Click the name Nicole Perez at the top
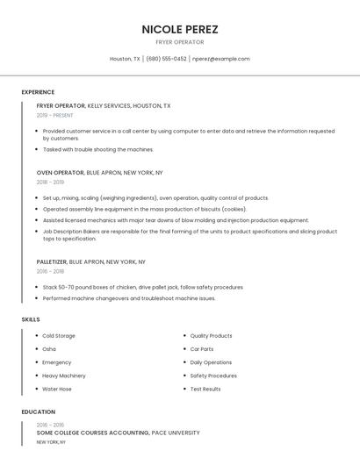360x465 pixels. tap(180, 29)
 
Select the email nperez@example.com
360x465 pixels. tap(221, 59)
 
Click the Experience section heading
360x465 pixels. tap(38, 92)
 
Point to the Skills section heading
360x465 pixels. tap(31, 319)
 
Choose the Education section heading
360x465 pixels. tap(38, 411)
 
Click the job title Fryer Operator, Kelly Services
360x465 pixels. tap(104, 106)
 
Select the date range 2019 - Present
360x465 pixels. tap(55, 116)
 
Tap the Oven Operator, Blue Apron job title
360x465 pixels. tap(99, 173)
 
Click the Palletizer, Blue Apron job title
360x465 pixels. tap(91, 262)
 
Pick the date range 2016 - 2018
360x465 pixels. tap(50, 272)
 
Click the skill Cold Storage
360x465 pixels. tap(59, 336)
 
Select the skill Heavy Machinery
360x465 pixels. tap(64, 376)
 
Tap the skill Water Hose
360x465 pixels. tap(57, 389)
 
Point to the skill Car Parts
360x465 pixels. tap(203, 349)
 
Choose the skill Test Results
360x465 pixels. tap(205, 389)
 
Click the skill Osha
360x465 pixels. tap(49, 349)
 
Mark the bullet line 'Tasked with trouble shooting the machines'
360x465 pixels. tap(98, 150)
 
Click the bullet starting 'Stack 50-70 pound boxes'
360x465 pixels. tap(143, 287)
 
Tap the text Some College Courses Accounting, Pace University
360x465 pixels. tap(118, 433)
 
